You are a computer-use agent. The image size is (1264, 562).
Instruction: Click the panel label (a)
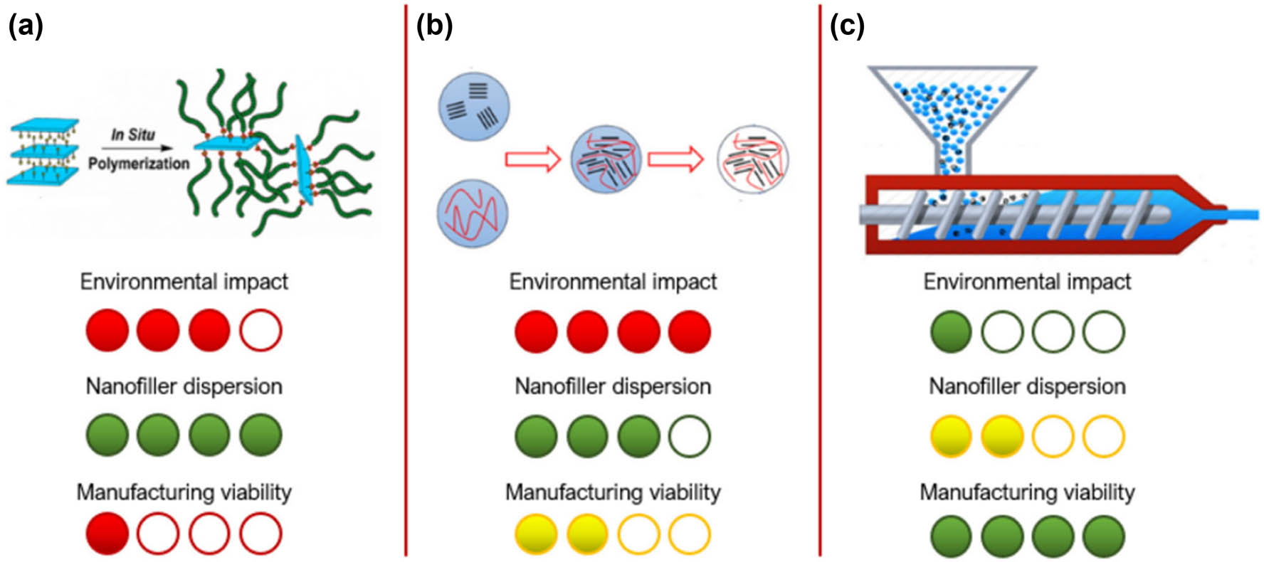(x=26, y=26)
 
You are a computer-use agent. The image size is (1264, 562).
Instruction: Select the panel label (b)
(x=433, y=26)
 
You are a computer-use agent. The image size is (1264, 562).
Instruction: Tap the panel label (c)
(x=847, y=26)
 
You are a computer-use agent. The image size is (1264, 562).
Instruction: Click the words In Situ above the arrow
(x=132, y=134)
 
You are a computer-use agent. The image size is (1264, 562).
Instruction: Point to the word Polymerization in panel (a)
(x=139, y=164)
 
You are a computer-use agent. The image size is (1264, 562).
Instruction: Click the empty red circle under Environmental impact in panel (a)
(x=260, y=331)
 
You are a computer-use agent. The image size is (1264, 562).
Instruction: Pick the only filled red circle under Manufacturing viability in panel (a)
(x=107, y=534)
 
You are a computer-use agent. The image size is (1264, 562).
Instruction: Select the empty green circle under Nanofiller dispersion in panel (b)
(x=689, y=436)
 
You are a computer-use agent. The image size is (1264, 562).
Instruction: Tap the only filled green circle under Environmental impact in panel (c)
(x=951, y=332)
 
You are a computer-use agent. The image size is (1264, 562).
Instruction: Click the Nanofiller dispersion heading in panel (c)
(x=1027, y=386)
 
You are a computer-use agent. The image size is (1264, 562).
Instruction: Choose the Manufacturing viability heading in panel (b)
(x=613, y=492)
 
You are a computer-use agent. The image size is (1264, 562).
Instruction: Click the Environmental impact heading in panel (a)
(x=184, y=282)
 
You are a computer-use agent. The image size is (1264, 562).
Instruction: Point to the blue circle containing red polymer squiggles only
(x=473, y=213)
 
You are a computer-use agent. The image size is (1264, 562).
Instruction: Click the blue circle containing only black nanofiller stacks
(x=474, y=106)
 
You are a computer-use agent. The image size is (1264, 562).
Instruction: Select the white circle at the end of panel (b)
(x=753, y=160)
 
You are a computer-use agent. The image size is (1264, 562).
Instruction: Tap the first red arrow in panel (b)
(x=532, y=159)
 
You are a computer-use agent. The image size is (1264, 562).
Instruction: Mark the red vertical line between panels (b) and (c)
(x=820, y=285)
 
